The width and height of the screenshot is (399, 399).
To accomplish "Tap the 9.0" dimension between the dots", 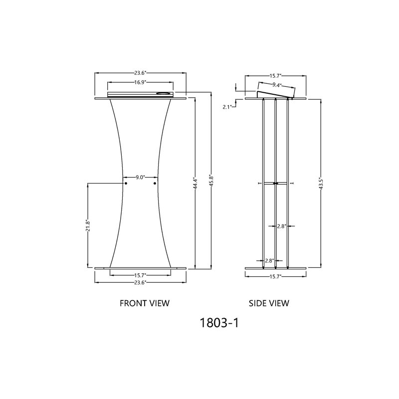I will tap(140, 177).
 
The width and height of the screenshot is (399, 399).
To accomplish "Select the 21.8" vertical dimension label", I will tap(87, 226).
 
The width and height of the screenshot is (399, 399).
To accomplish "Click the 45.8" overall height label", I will tap(211, 180).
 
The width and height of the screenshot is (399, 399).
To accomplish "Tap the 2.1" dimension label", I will tap(228, 107).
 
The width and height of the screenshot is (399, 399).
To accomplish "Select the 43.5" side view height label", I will tap(321, 183).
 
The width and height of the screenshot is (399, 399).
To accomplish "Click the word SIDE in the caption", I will tap(259, 303).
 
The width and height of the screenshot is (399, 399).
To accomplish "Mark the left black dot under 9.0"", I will tap(126, 184).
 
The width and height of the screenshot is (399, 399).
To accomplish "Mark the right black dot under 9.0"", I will tap(155, 184).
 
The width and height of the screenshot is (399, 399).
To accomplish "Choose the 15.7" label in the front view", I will tap(140, 275).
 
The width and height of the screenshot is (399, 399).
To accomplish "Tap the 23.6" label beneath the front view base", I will tap(140, 282).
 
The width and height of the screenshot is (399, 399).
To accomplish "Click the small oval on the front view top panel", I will tap(163, 93).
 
